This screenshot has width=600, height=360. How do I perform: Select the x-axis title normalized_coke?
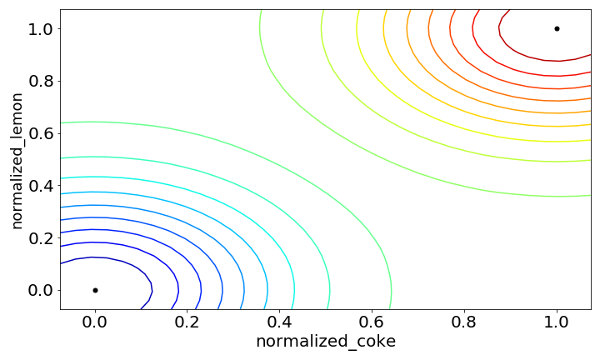(x=326, y=342)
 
